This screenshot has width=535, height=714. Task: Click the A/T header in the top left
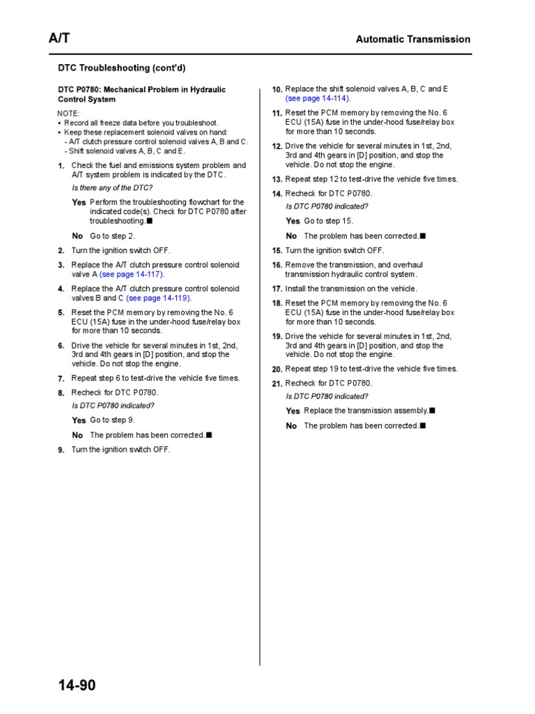click(59, 39)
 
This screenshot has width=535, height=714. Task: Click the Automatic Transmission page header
click(413, 40)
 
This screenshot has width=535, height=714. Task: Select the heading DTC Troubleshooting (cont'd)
click(121, 68)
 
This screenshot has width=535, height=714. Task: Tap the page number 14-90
click(77, 685)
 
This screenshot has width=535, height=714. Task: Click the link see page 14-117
click(132, 275)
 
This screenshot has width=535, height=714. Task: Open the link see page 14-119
click(158, 298)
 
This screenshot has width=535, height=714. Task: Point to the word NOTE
click(68, 114)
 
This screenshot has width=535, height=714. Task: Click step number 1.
click(61, 166)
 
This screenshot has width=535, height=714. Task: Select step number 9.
click(61, 450)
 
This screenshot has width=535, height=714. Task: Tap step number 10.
click(277, 90)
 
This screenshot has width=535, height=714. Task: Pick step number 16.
click(277, 266)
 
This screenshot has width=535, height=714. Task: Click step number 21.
click(277, 384)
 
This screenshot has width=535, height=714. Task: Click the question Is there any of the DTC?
click(112, 188)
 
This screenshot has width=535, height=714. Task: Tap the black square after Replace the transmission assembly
click(433, 411)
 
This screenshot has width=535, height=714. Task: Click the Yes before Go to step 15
click(293, 221)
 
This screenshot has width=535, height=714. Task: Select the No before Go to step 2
click(77, 236)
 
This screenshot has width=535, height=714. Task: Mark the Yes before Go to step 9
click(79, 420)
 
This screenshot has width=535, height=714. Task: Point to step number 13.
click(277, 180)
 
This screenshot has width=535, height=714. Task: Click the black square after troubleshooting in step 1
click(150, 221)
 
